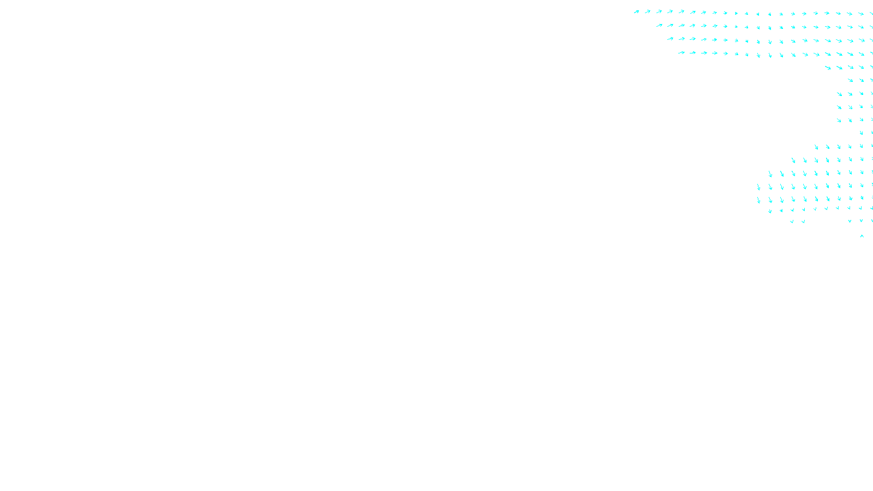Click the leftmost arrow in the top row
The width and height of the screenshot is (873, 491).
636,11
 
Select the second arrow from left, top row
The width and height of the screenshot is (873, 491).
648,11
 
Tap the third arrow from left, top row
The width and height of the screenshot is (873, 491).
659,11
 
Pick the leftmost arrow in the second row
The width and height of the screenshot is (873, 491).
659,25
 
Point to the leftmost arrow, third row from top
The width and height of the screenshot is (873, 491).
670,39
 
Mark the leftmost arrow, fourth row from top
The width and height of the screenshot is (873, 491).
681,52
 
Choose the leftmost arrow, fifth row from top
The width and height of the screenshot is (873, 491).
828,68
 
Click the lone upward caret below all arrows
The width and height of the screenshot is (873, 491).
862,236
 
